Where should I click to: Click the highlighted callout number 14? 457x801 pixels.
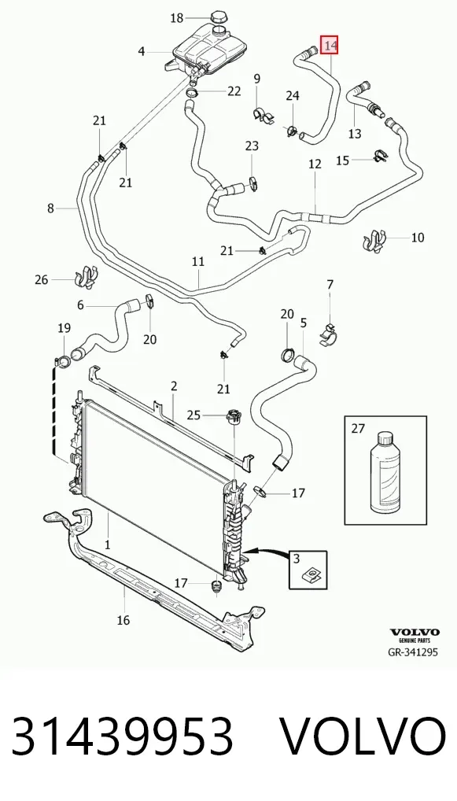coord(330,46)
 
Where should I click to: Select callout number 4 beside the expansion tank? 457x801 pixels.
coord(142,51)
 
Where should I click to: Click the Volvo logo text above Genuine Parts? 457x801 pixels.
coord(415,633)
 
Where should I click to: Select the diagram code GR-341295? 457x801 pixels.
coord(413,652)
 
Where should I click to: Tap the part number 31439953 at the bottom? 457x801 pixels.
coord(123,736)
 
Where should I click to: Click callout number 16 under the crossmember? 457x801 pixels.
coord(123,620)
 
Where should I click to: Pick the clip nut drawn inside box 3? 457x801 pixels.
coord(309,576)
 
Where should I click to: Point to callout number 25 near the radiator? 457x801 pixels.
coord(193,415)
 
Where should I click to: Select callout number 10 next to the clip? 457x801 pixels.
coord(418,237)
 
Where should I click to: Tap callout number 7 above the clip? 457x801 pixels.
coord(330,285)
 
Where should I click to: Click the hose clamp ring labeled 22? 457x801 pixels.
coord(192,93)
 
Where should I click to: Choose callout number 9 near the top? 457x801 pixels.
coord(257,78)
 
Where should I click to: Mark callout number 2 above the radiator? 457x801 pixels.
coord(174,386)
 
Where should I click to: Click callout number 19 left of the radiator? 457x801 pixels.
coord(64,328)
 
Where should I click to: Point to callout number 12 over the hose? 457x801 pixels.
coord(315,164)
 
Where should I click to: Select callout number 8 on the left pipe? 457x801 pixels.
coord(50,208)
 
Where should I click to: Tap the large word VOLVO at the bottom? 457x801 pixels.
coord(363,736)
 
